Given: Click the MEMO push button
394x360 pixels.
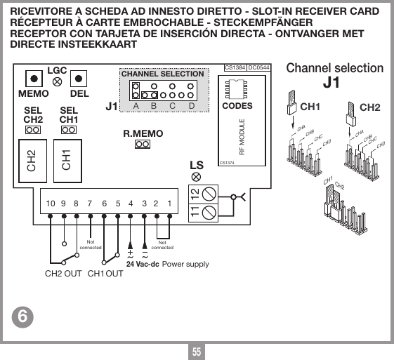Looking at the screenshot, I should (32, 79).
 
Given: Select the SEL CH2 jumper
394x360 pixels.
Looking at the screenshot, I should (32, 131).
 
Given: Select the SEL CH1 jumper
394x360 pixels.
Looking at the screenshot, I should (68, 131).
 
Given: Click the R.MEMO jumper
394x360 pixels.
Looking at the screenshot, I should (143, 145).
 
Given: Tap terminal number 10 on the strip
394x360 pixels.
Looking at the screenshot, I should (51, 204).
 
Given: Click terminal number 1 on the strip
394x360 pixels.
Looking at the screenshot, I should (169, 204).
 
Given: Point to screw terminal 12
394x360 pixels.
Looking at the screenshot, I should (209, 192).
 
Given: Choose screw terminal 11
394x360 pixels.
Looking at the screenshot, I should (209, 211).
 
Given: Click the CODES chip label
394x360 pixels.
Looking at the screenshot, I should (237, 106).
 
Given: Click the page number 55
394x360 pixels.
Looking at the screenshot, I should (197, 351).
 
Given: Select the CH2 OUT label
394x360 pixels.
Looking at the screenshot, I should (63, 273).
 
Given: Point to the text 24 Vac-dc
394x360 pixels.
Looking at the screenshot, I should (143, 265).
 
